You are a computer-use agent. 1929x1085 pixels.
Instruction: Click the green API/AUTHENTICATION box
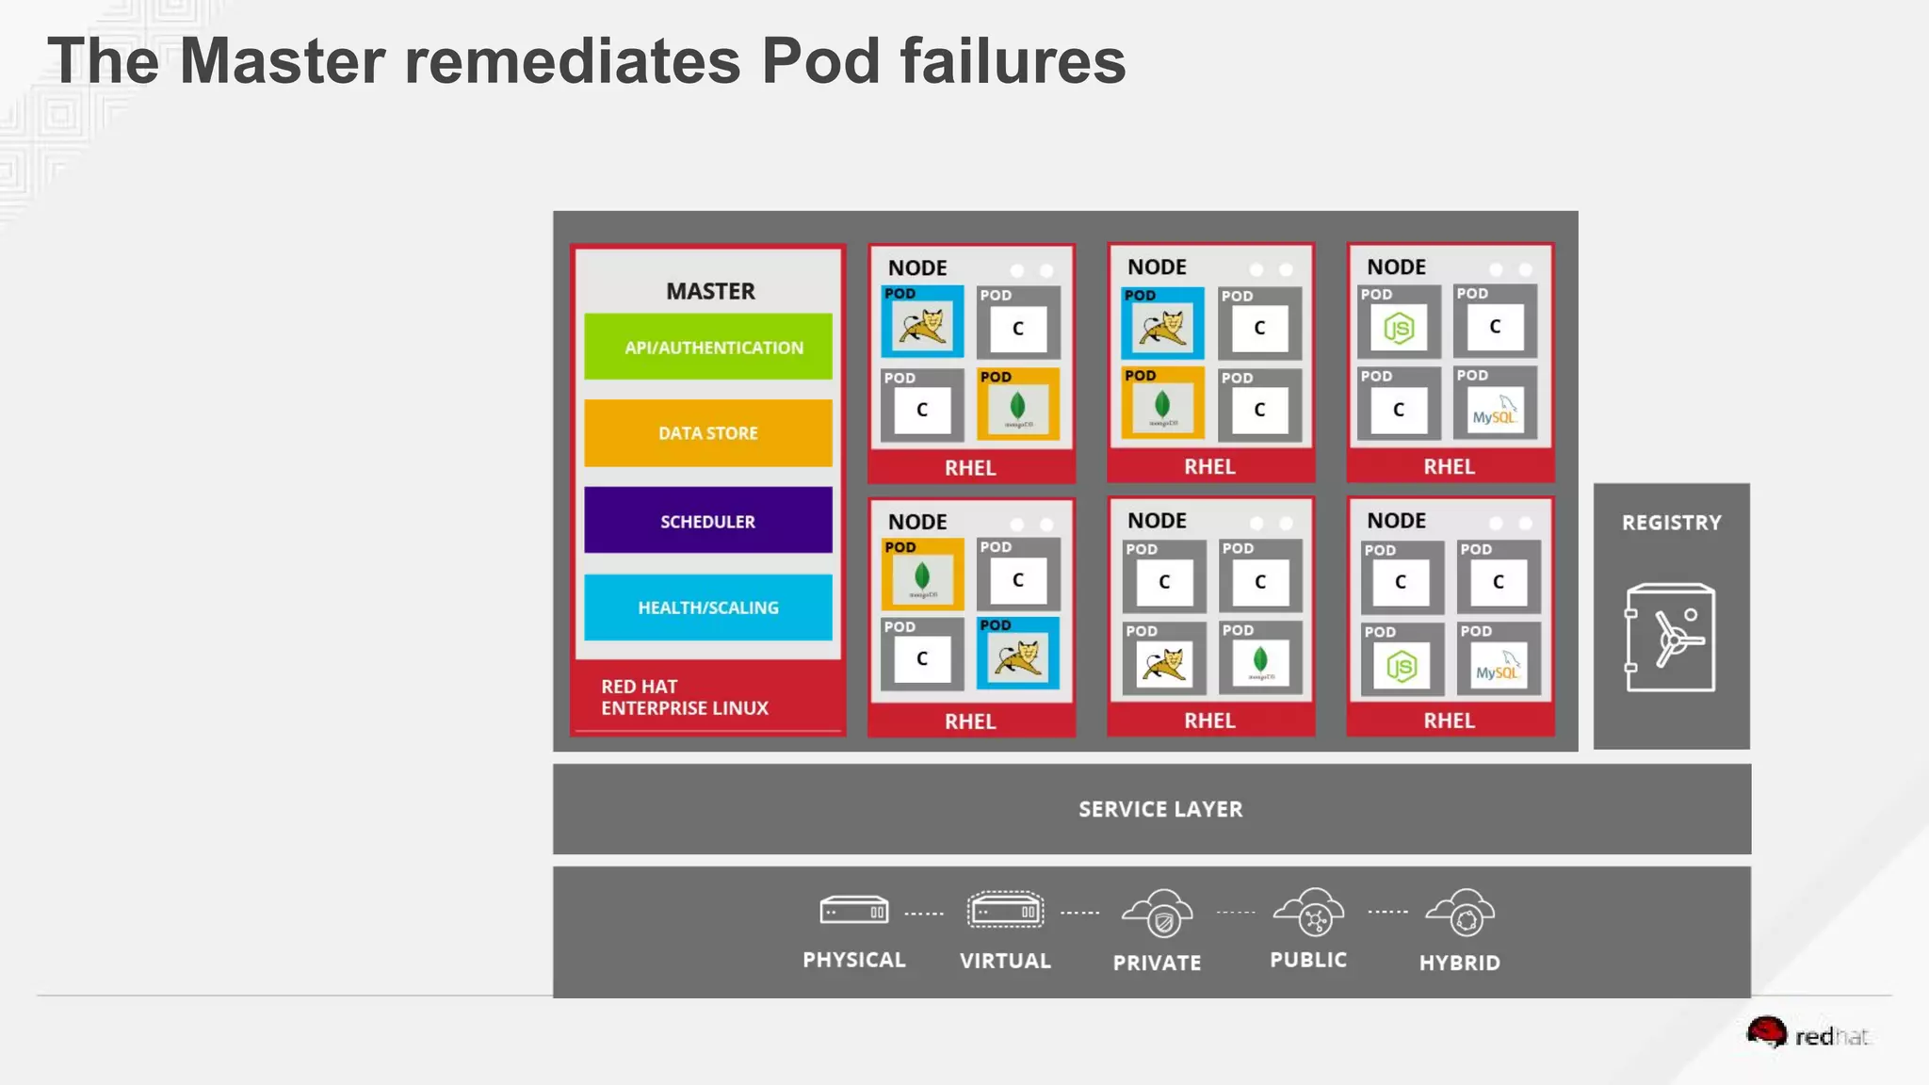point(708,347)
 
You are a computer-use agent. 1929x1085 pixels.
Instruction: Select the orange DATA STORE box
point(708,433)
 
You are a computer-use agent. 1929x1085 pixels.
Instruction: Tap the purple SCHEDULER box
point(708,521)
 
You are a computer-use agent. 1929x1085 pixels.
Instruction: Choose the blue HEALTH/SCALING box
point(708,607)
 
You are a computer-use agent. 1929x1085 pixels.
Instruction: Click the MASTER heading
point(710,291)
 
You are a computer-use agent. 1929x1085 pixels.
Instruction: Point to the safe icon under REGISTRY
point(1671,638)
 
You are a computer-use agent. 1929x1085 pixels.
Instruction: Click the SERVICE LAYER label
point(1160,809)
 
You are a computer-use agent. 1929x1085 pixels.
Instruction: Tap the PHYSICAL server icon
point(853,911)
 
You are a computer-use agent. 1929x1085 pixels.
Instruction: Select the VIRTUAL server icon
point(1005,911)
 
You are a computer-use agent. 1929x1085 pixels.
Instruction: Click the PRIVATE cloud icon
point(1158,914)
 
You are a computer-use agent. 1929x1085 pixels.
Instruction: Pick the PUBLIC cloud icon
point(1309,913)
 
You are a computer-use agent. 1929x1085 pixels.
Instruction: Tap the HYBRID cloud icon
point(1460,914)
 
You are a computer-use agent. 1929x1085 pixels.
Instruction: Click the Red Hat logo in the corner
point(1807,1035)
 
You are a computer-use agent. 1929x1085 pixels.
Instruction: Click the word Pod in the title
point(821,61)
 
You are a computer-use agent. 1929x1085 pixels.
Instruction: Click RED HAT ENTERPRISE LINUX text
point(685,697)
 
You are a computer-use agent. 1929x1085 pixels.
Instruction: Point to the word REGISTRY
point(1671,523)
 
